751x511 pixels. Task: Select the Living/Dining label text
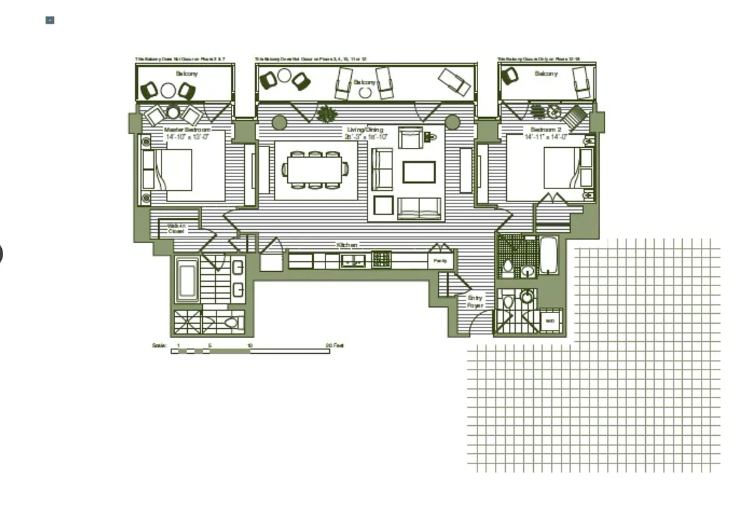365,130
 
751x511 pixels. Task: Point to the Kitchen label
347,245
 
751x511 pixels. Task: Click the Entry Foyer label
475,302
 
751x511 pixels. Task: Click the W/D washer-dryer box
549,321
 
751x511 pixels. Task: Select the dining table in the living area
315,170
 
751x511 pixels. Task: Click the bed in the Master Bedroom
184,170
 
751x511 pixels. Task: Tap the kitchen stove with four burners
381,258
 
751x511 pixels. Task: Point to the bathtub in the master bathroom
186,280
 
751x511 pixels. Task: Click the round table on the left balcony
168,90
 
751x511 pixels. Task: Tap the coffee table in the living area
419,172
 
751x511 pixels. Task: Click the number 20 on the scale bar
329,345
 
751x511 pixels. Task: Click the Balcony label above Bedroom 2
546,74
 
